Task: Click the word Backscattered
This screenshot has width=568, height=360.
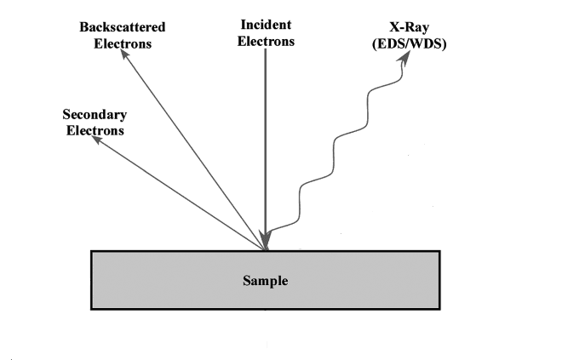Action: (x=123, y=27)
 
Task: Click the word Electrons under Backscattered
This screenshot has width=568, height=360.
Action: (x=123, y=43)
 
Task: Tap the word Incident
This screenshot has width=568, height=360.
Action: (x=266, y=26)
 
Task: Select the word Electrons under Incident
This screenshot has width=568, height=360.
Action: (x=266, y=41)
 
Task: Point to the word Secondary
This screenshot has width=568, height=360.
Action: (x=95, y=115)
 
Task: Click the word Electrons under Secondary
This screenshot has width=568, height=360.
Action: (x=95, y=130)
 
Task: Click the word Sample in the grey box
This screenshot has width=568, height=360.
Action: (x=266, y=279)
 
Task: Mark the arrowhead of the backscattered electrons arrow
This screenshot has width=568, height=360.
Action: (x=123, y=54)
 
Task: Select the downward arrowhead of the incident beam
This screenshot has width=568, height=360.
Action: (x=267, y=238)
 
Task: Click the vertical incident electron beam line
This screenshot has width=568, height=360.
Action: (x=266, y=136)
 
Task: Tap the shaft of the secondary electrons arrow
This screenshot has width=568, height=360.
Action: (x=179, y=193)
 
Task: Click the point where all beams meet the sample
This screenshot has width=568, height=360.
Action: (x=267, y=249)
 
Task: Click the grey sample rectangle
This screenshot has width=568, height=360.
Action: (x=170, y=289)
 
